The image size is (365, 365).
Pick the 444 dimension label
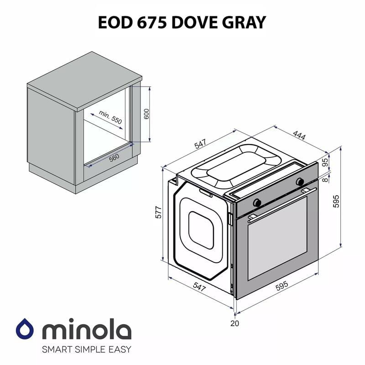tap(299, 136)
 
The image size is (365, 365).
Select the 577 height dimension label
tap(158, 213)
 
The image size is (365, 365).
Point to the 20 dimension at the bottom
tap(235, 323)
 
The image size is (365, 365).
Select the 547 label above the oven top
tap(200, 144)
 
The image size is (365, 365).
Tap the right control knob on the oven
tap(300, 182)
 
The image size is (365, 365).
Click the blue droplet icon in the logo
tap(26, 328)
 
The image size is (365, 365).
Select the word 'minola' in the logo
tap(87, 329)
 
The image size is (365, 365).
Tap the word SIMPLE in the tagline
tap(91, 350)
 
